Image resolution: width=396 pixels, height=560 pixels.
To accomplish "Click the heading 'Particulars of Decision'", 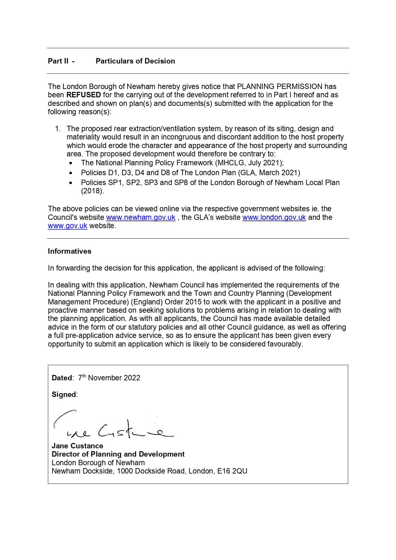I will point(135,61).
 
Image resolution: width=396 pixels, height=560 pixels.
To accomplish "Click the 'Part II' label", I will point(58,61).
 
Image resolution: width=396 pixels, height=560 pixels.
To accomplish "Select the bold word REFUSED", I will point(84,95).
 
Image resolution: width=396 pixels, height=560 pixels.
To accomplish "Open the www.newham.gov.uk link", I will point(141,217).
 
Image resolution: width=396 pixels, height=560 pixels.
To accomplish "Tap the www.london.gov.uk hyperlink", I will point(274,217).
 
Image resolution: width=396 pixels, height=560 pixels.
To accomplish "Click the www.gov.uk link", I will point(67,226).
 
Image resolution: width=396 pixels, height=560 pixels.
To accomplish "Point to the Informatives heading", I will point(70,251).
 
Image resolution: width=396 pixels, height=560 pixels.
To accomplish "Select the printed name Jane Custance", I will point(77,446).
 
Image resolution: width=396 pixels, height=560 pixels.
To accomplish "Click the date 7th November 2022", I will point(109,378).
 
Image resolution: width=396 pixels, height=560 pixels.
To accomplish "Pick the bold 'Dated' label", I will point(62,378).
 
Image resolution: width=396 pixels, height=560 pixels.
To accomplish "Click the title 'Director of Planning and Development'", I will point(118,454).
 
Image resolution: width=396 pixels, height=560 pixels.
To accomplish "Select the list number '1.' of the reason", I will point(58,129).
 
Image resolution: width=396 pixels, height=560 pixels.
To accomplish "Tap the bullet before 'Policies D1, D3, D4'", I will point(71,173).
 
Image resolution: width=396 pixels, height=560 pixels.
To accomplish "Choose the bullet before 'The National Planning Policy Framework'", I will point(71,163).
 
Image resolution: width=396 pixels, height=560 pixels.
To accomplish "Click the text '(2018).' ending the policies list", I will point(93,191).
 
